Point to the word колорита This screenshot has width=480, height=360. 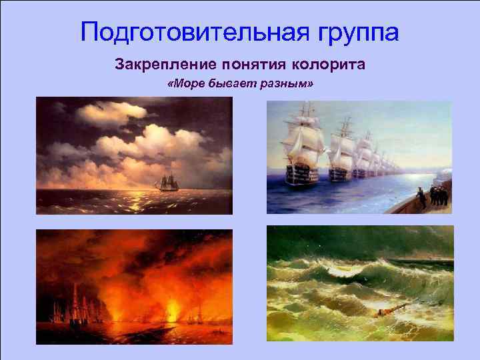[331, 65]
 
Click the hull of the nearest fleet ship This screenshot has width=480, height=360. [301, 175]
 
